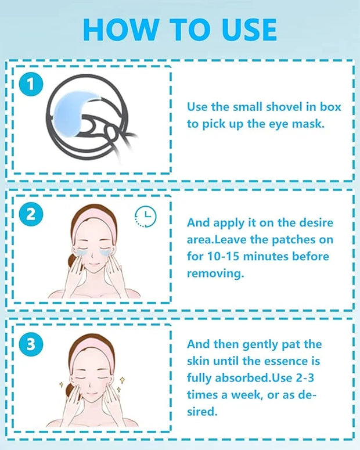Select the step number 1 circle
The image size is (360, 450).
point(31,84)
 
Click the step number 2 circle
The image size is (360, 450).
point(31,214)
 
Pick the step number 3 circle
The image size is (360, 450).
point(31,344)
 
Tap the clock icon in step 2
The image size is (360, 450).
point(146,217)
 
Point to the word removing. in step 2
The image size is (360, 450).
point(215,273)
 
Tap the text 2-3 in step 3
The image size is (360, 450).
point(304,377)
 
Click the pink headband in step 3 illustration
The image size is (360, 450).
point(91,350)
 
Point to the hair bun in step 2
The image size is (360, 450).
point(73,262)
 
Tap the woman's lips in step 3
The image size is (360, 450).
point(91,393)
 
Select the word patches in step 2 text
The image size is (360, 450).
point(289,240)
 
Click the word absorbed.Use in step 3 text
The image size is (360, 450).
point(254,377)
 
